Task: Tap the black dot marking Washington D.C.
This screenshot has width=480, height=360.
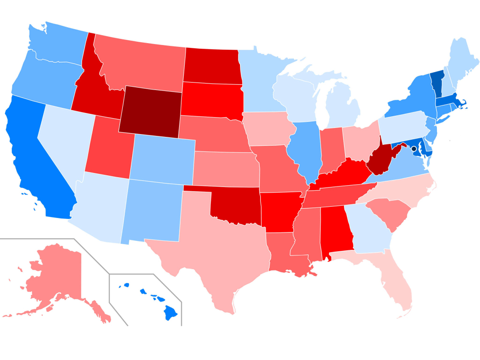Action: coord(414,149)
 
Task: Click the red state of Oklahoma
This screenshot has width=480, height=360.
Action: coord(234,206)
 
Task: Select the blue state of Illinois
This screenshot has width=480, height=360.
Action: coord(302,150)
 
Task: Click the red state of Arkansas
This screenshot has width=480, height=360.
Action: coord(279,211)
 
